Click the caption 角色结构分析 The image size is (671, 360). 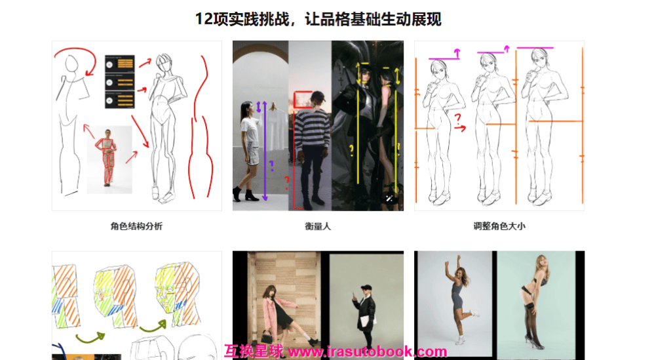[x=136, y=226]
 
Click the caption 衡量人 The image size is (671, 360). [x=318, y=226]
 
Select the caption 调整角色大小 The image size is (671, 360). [x=499, y=226]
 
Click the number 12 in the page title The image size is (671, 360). [x=203, y=19]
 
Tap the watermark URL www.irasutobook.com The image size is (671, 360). [x=367, y=352]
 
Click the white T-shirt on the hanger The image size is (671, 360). [x=276, y=125]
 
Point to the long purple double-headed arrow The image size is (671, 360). [x=264, y=151]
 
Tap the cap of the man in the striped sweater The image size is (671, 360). [x=316, y=95]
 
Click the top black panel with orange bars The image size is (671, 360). [x=119, y=64]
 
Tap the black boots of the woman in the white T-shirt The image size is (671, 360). [x=250, y=194]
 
